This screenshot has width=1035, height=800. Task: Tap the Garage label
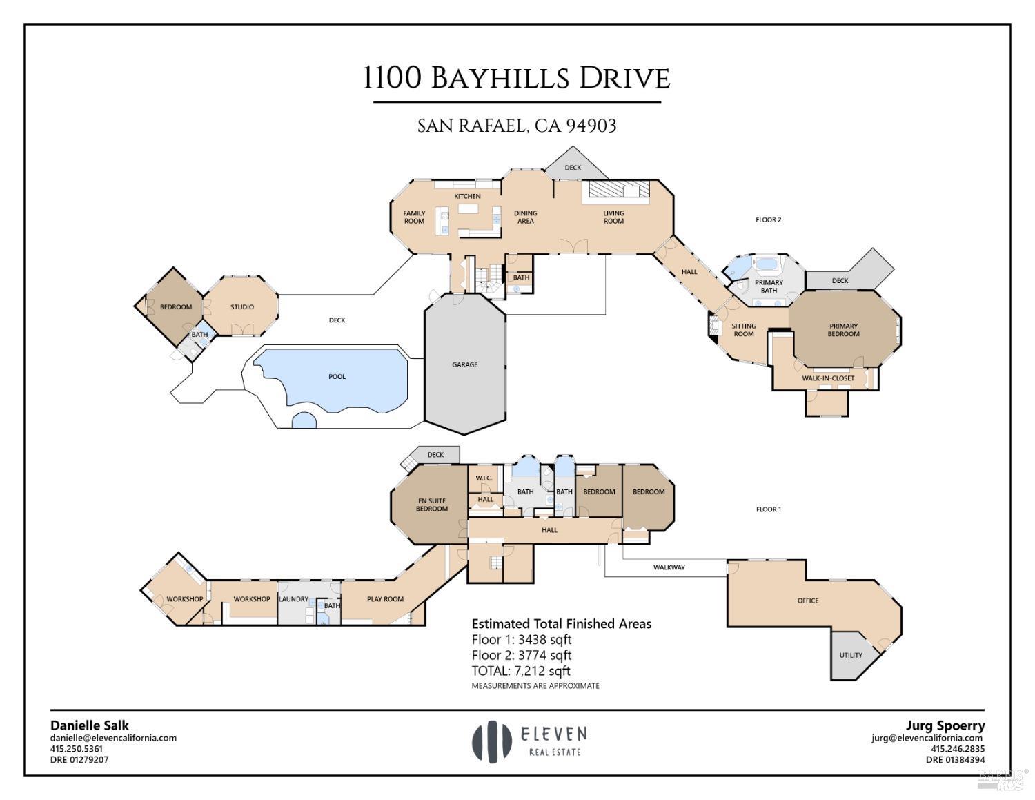(465, 364)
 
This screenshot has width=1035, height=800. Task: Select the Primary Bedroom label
(843, 330)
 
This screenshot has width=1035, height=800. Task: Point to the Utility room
(851, 655)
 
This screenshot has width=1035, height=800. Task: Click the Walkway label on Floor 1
(669, 567)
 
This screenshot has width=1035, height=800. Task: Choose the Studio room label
(242, 307)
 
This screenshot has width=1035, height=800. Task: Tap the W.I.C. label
(484, 478)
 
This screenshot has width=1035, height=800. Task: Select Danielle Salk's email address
(113, 738)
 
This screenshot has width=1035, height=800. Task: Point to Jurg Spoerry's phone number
(958, 749)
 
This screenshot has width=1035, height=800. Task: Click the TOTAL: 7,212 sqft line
(521, 671)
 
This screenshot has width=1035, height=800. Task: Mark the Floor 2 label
(769, 220)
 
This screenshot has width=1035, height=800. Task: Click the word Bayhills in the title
(501, 79)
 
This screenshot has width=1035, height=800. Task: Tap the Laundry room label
(293, 599)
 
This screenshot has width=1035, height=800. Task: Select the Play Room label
(385, 599)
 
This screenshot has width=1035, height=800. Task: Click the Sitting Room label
(744, 330)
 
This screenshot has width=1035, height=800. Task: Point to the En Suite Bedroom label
(432, 505)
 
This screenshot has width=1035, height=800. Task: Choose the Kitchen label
(467, 196)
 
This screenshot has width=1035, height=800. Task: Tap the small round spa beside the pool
(304, 420)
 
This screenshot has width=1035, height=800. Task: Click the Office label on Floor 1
(808, 601)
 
